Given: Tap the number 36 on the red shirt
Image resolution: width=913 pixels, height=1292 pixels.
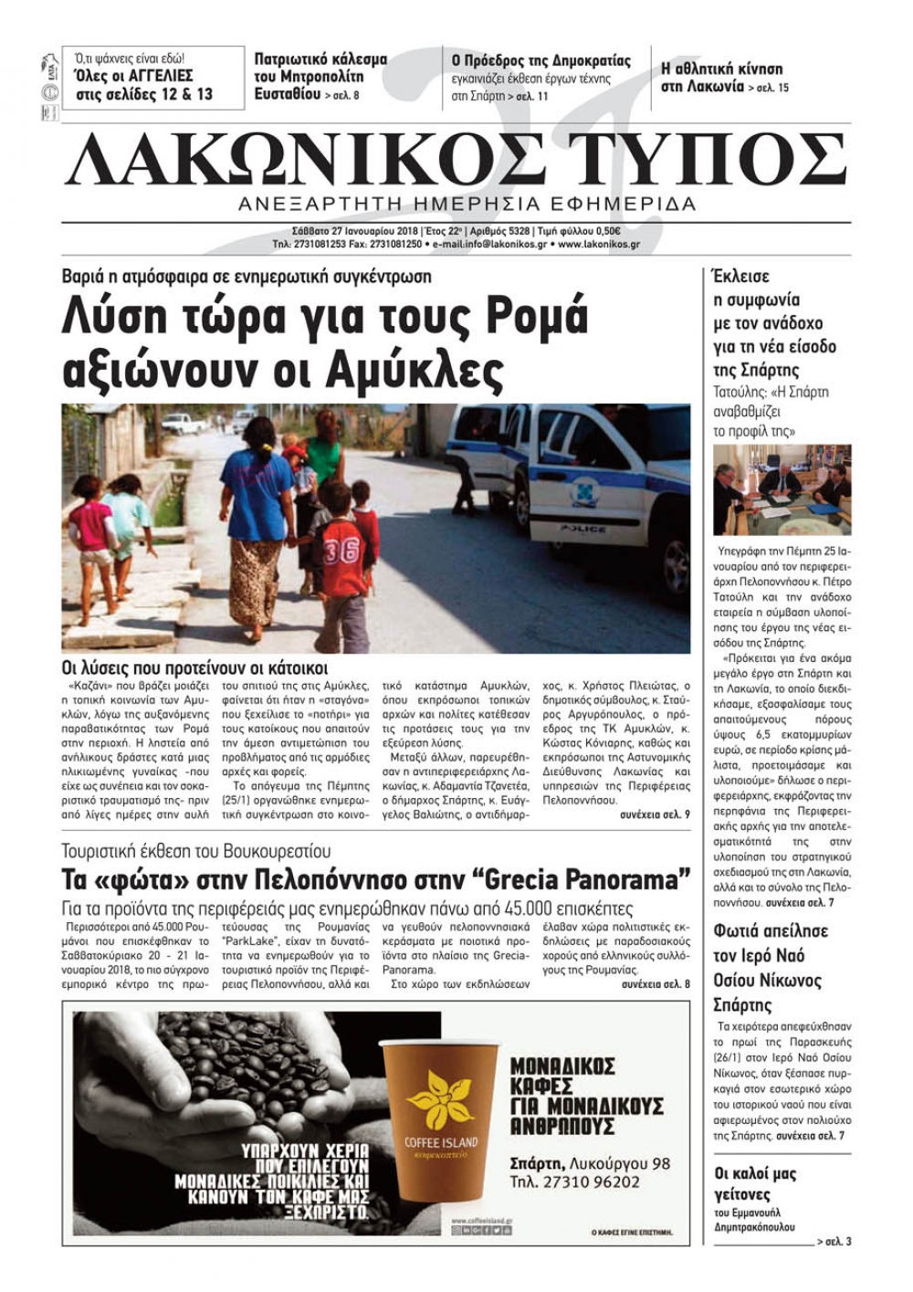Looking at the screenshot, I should [x=340, y=551].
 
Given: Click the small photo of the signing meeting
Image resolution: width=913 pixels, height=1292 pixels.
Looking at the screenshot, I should [x=782, y=490].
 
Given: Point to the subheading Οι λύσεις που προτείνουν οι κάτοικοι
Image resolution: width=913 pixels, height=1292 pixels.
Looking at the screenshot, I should [x=194, y=668].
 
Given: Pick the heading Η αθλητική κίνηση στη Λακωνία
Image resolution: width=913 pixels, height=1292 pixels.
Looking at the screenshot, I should [x=721, y=79].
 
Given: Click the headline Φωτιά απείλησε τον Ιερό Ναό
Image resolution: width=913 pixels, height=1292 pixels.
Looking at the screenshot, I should [x=771, y=968].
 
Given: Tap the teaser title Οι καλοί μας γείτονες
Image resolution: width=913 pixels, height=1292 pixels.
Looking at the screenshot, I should [x=755, y=1183].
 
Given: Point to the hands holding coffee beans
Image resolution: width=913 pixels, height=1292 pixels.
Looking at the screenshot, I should [x=219, y=1077].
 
